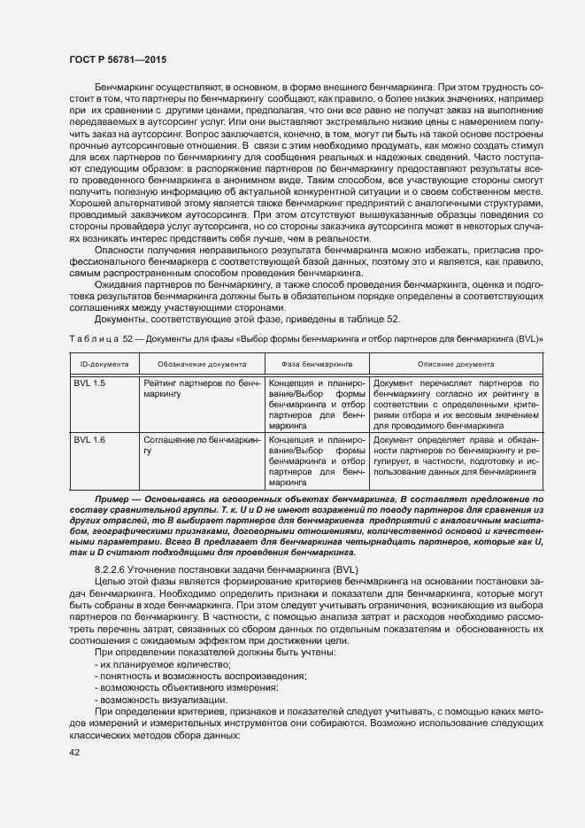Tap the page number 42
[75, 752]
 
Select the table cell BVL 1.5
[89, 382]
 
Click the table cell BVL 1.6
[89, 438]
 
